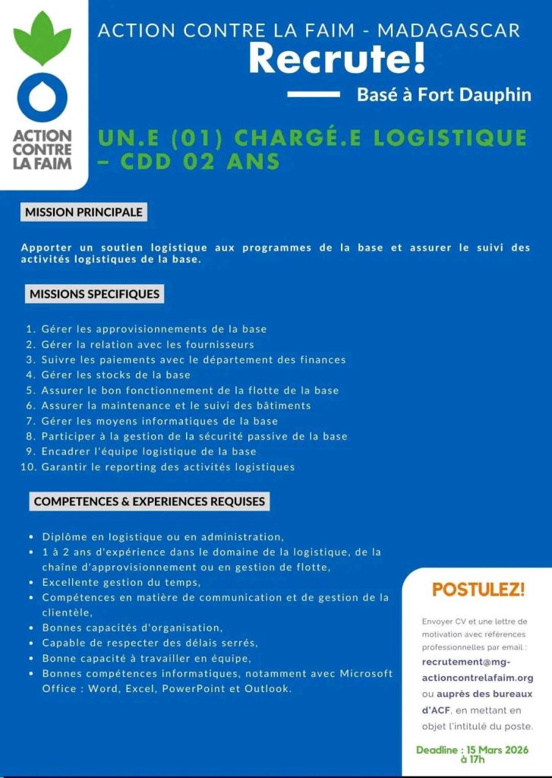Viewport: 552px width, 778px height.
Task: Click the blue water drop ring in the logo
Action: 43,97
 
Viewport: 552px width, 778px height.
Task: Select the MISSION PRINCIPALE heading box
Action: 84,213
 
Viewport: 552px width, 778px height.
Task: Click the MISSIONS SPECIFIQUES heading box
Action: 94,293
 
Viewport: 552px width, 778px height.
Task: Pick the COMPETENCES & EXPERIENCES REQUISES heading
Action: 150,501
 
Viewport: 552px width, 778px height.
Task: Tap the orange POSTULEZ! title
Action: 478,589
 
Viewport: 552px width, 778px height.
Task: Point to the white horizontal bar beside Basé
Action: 314,94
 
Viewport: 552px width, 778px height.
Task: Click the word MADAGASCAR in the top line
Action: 449,30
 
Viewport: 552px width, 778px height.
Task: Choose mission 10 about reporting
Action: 168,466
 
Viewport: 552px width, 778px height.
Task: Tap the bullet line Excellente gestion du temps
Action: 121,582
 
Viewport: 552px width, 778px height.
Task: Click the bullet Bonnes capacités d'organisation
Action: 132,628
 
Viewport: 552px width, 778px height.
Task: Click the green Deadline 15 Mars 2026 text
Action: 473,754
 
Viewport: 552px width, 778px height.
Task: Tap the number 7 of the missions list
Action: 31,421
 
